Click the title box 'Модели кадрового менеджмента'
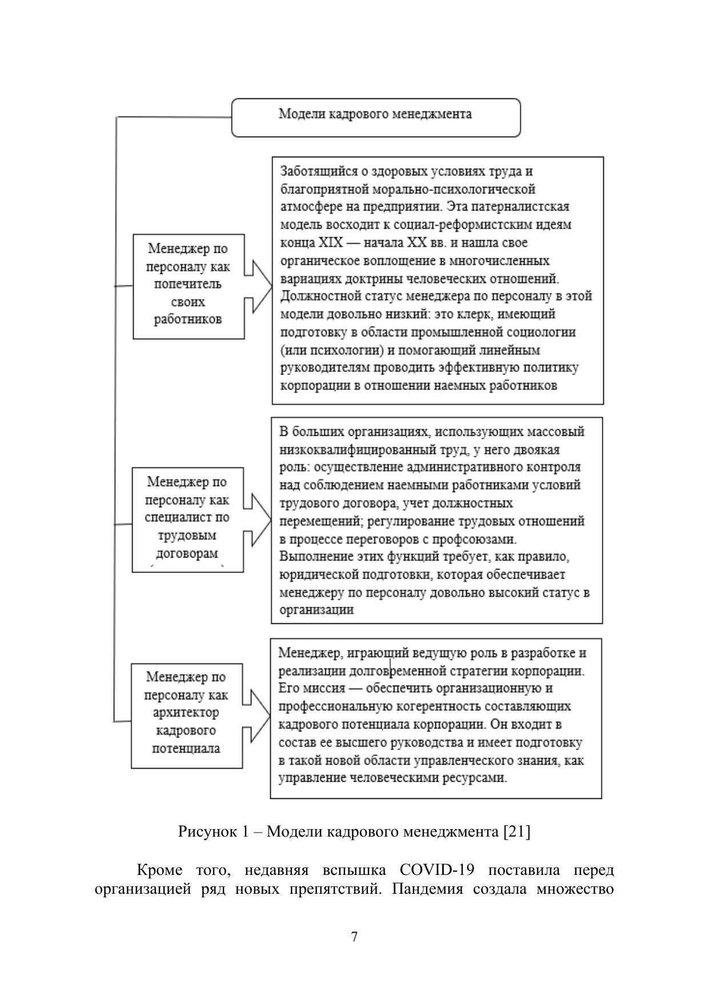(375, 117)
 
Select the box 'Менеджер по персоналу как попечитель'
(189, 286)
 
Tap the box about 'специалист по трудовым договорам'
(187, 519)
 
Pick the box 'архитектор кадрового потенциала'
(187, 715)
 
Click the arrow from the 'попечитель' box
(258, 286)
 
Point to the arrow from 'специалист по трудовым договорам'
(258, 519)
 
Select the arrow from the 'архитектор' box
(257, 715)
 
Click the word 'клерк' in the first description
(490, 314)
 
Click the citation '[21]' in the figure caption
(517, 831)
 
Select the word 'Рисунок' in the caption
(204, 831)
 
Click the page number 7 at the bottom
(354, 937)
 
